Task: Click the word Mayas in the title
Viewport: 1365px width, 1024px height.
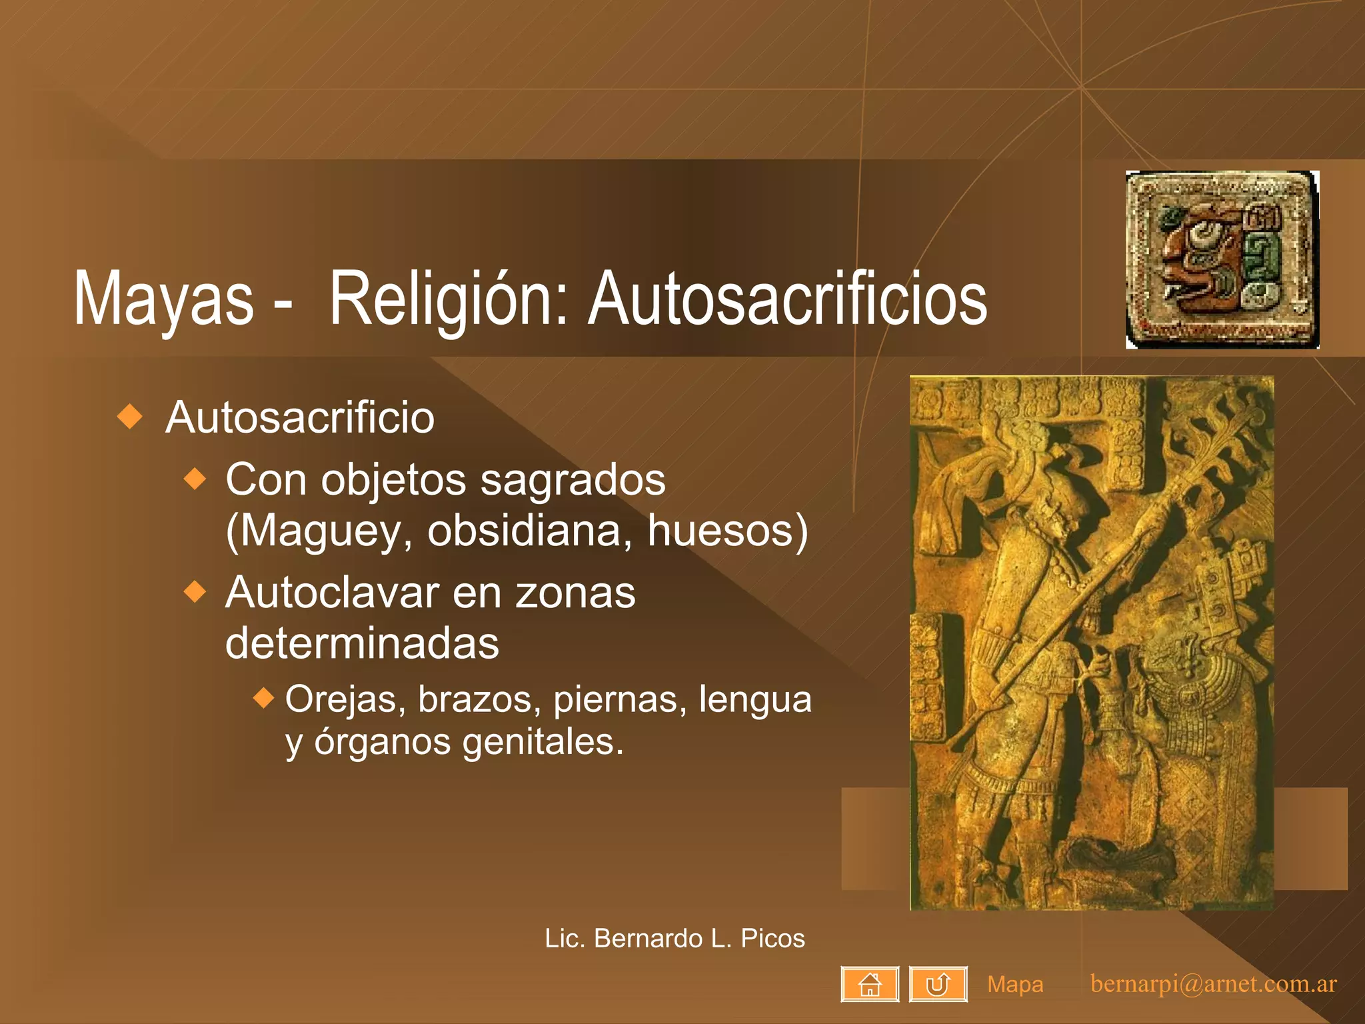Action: click(163, 298)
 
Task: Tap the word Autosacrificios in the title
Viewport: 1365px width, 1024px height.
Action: click(787, 298)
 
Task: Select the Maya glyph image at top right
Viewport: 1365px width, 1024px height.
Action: click(1222, 260)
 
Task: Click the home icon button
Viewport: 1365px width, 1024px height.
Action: click(870, 984)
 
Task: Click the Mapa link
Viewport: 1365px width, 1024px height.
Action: click(1015, 984)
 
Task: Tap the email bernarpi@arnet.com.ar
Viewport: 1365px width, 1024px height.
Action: click(1213, 984)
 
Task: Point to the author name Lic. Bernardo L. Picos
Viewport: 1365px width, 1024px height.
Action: click(675, 938)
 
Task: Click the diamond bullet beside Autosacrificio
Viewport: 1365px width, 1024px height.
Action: click(129, 417)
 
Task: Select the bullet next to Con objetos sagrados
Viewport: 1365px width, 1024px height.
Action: click(195, 479)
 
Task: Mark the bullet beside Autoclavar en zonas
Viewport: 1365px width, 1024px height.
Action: click(195, 591)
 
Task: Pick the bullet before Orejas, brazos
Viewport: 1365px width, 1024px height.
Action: click(264, 698)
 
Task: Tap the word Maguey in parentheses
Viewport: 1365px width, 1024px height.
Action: click(320, 531)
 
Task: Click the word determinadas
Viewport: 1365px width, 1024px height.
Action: click(362, 643)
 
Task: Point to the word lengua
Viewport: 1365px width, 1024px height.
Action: click(755, 699)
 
